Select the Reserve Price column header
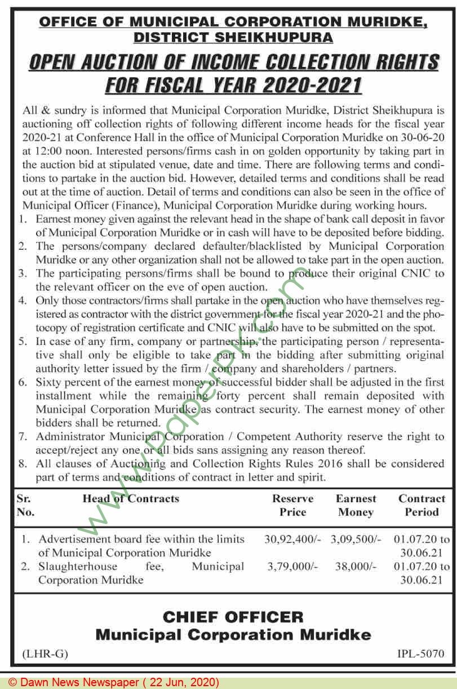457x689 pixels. [293, 505]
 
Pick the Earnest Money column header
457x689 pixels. [356, 505]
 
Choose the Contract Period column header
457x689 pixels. [421, 505]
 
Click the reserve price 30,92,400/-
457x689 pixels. [292, 539]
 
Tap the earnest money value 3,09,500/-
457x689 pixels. [356, 539]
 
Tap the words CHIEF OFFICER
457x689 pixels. [233, 617]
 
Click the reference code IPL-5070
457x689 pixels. [420, 654]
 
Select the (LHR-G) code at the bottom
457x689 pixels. [45, 654]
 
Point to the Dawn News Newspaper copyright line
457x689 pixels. [113, 682]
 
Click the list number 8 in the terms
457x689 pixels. [23, 464]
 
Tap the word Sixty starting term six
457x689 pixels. [49, 382]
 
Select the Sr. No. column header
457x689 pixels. [25, 505]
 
